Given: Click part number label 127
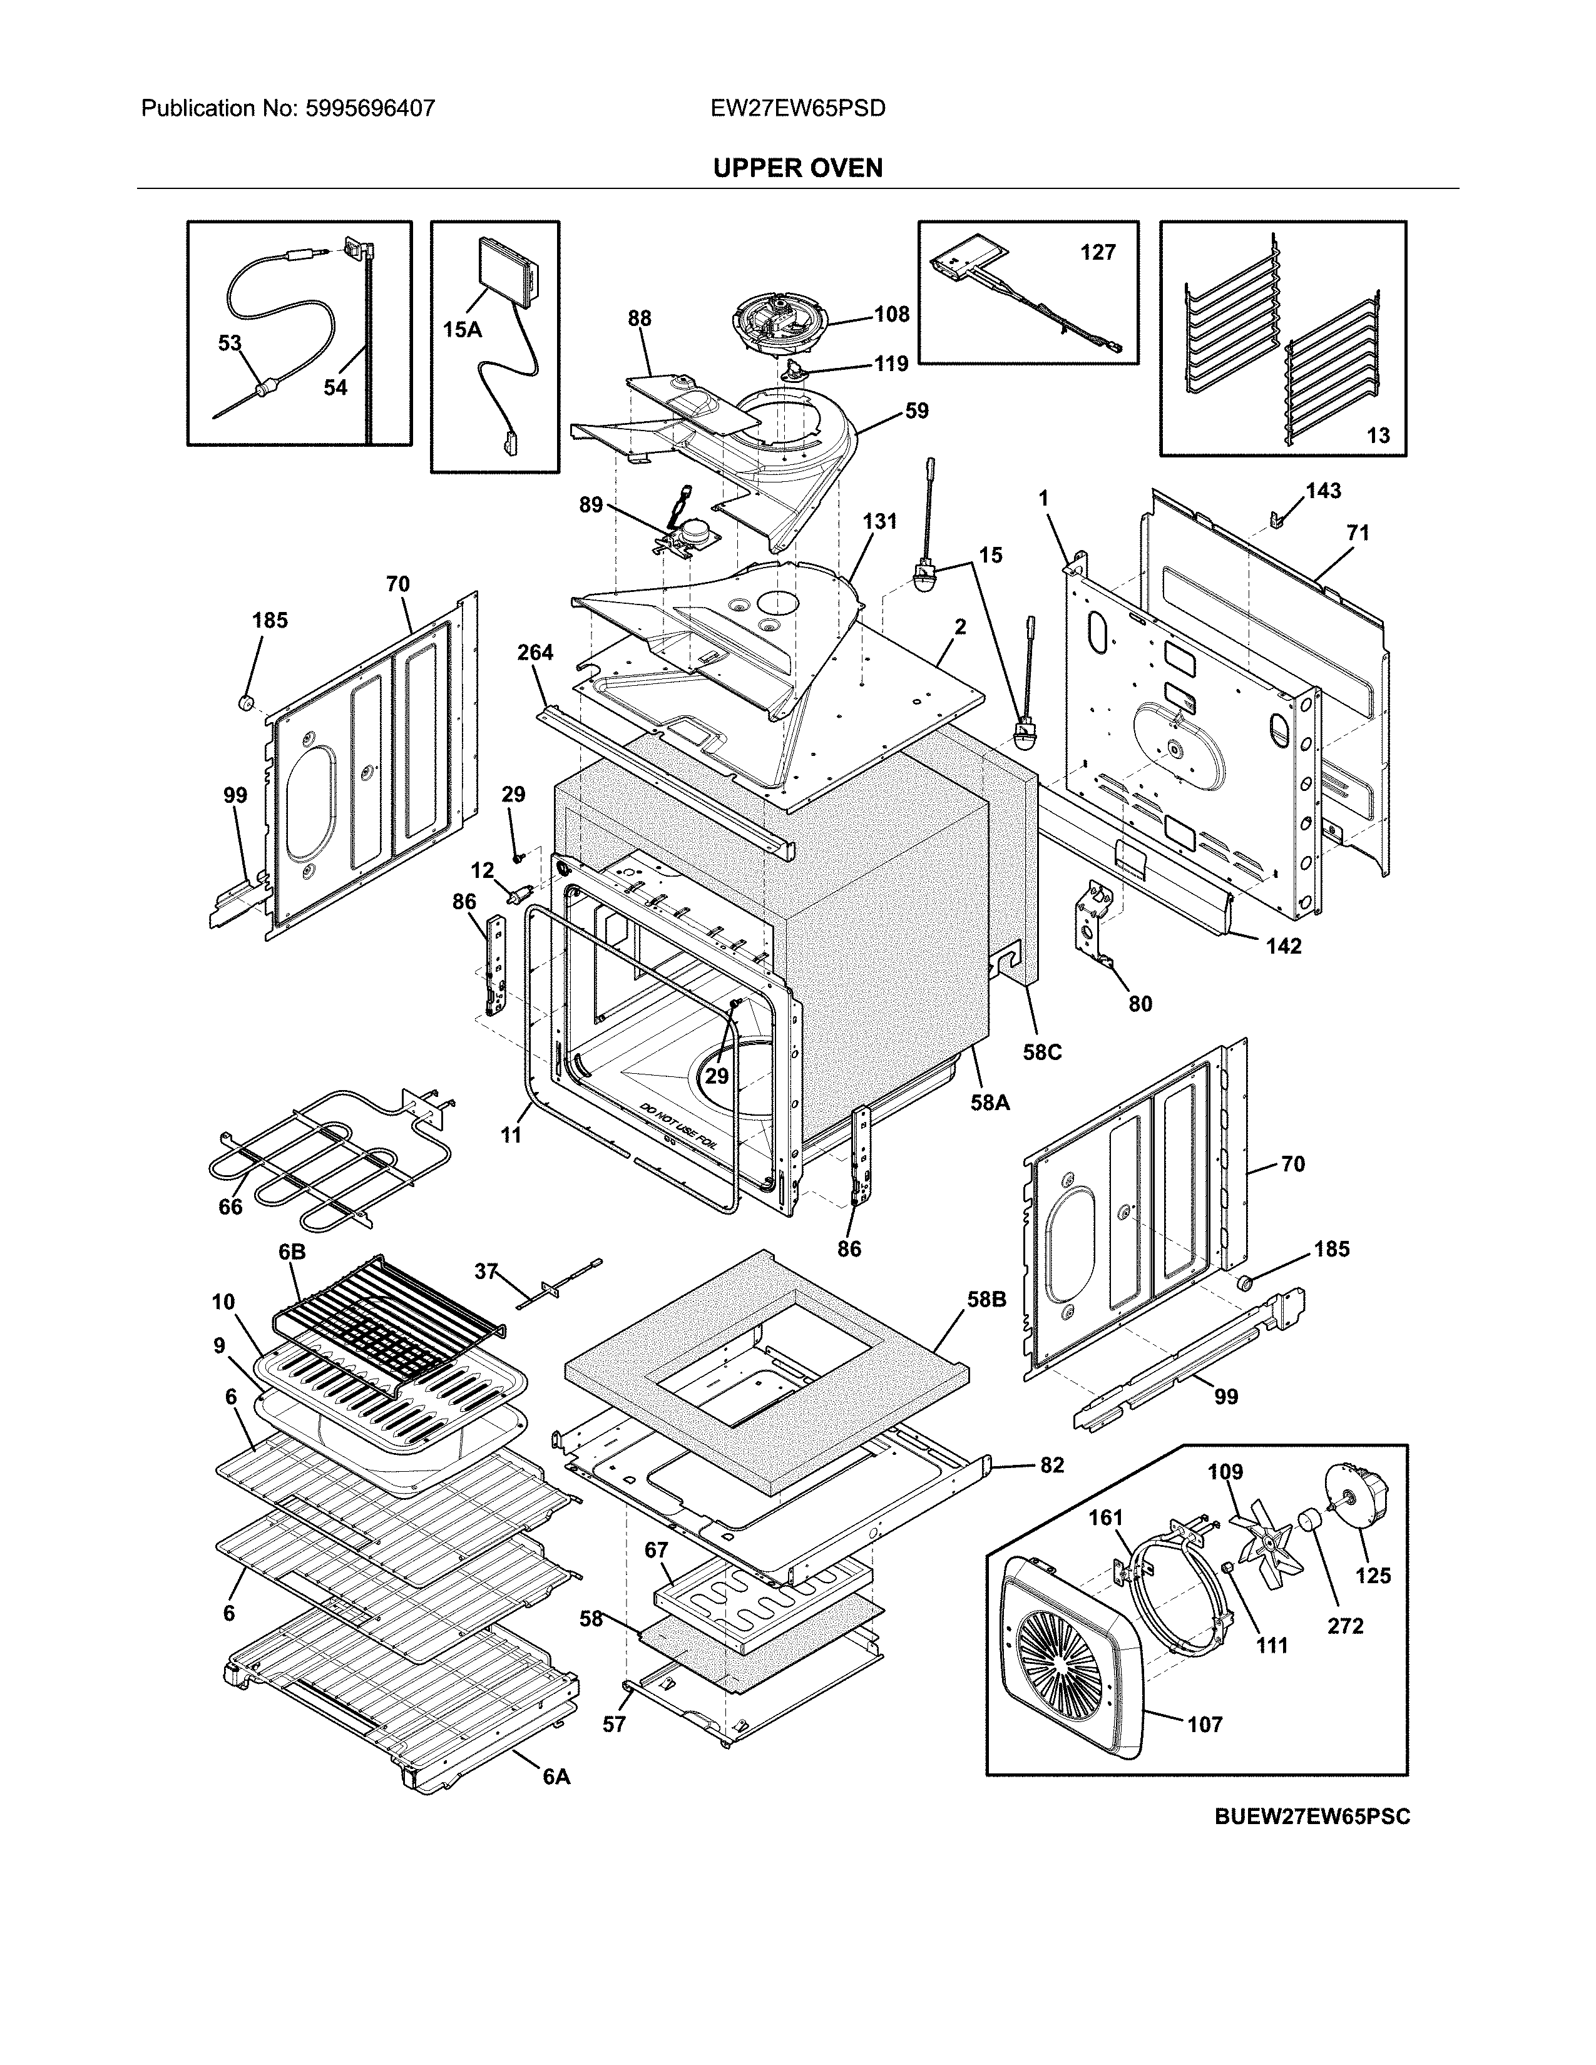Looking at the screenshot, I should (1098, 252).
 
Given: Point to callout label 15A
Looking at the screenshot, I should (463, 329).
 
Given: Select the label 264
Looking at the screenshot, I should (535, 653).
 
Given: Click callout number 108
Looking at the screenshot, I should (891, 314).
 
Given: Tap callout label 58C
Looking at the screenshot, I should (1042, 1051).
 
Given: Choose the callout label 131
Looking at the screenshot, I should (879, 521).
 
